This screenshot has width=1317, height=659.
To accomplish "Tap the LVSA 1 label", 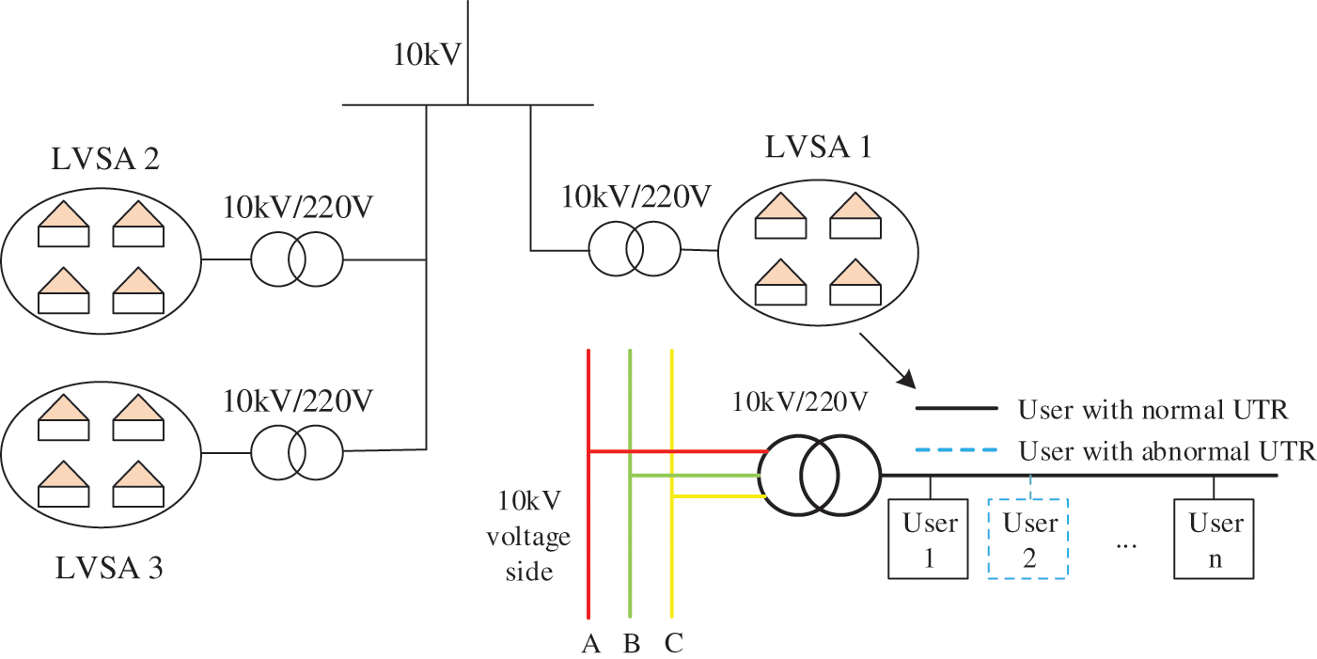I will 815,149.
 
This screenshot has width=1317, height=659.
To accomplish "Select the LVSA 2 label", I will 104,157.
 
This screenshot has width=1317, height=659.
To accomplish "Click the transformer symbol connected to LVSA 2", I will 296,259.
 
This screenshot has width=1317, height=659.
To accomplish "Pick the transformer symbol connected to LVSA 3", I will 296,454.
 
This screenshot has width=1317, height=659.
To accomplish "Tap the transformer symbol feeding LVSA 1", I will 634,251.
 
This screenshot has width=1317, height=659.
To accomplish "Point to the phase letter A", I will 589,644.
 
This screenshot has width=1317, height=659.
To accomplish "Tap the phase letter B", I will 631,644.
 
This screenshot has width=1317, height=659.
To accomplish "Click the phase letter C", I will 673,644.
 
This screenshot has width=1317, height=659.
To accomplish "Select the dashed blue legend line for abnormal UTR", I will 956,449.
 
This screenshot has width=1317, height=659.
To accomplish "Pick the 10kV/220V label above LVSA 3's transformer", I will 298,401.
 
